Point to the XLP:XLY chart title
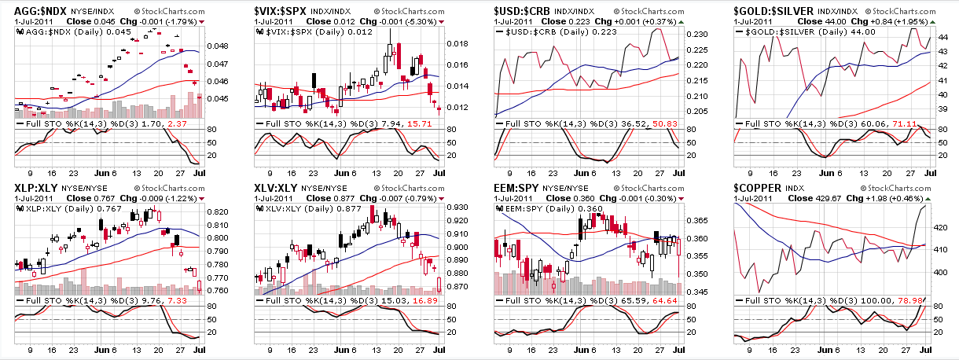point(35,189)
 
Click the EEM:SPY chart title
point(517,189)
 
